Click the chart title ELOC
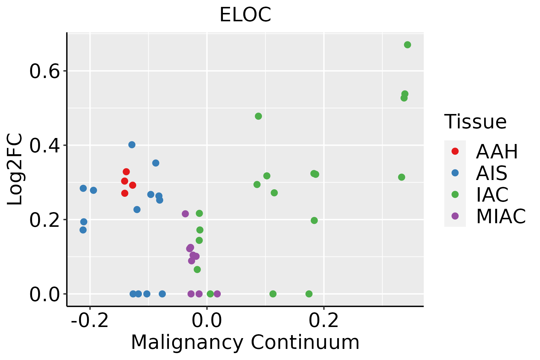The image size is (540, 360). (x=245, y=15)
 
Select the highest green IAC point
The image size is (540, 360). (x=407, y=45)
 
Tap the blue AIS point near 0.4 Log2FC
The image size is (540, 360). (x=132, y=145)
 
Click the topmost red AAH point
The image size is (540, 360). (x=126, y=172)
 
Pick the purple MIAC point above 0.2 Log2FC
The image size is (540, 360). (x=185, y=214)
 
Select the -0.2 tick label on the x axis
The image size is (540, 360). (x=90, y=320)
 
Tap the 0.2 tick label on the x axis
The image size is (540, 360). (x=324, y=320)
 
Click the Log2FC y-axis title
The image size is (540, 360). (x=15, y=169)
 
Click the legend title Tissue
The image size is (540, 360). (x=475, y=121)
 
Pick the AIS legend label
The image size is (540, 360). (x=491, y=173)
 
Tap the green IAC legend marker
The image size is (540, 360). (x=455, y=194)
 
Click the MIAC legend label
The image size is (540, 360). (x=501, y=216)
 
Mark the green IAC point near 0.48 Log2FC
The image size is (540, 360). (x=258, y=116)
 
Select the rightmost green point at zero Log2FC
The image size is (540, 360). (x=309, y=294)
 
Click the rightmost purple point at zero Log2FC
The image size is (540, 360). (x=217, y=294)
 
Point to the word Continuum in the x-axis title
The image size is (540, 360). (x=305, y=342)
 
